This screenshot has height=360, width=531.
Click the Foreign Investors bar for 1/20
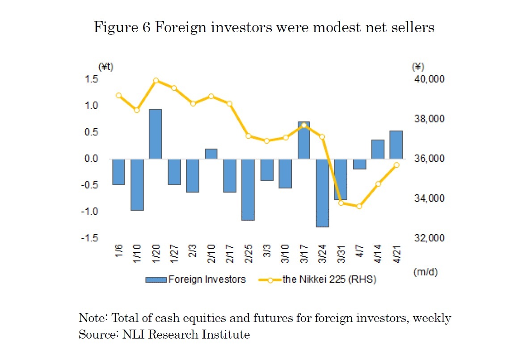point(155,134)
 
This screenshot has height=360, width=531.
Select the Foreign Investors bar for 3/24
point(322,193)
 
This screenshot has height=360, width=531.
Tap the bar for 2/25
point(248,190)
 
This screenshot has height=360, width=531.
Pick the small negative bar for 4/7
point(359,164)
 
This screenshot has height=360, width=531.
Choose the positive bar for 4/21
point(396,145)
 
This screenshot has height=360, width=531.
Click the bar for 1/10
point(137,184)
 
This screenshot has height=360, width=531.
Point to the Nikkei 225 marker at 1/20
point(156,81)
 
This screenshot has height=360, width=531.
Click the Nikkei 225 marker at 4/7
point(359,206)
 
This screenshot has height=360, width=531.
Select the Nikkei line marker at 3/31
point(341,203)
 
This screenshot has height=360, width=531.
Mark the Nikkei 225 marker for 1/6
point(118,95)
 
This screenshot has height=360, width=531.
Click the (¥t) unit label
point(106,67)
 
